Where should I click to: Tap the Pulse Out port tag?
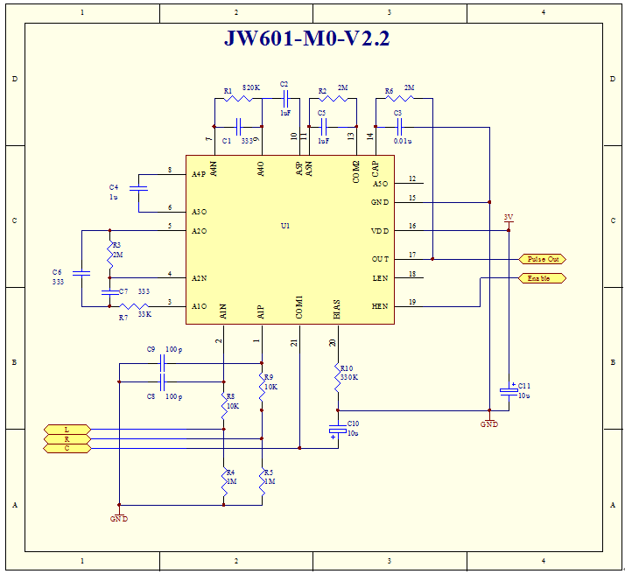click(x=543, y=259)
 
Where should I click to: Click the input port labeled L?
click(x=67, y=429)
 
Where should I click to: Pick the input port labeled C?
click(x=67, y=448)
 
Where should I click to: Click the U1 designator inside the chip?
click(x=285, y=226)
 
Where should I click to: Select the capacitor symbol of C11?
click(x=509, y=389)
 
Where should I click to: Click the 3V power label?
click(x=509, y=217)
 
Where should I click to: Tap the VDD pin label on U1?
click(x=379, y=231)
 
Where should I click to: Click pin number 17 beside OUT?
click(x=411, y=255)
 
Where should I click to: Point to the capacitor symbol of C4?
click(x=138, y=187)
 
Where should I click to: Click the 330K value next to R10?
click(x=350, y=377)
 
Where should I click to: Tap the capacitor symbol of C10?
click(x=337, y=430)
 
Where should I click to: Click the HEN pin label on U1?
click(x=380, y=306)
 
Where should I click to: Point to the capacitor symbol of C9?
click(x=162, y=362)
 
